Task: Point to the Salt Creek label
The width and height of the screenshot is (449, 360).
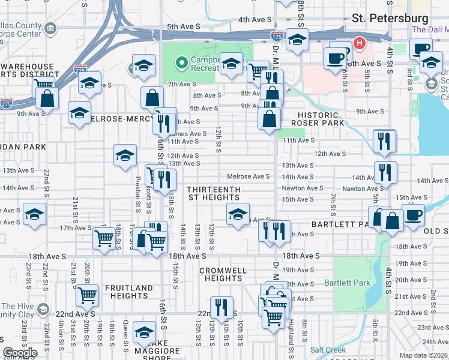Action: [328, 350]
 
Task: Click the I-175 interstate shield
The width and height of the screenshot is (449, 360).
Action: [277, 37]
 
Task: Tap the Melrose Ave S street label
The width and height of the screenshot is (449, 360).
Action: [249, 176]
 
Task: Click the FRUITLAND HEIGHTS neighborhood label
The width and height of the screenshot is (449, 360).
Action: [129, 292]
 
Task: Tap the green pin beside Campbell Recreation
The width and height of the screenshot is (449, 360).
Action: [181, 62]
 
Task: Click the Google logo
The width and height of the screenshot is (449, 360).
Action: [20, 353]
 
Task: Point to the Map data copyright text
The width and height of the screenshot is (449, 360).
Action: [424, 355]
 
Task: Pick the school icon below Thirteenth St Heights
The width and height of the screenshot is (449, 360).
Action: [238, 213]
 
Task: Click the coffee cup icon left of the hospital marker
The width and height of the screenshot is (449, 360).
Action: [335, 58]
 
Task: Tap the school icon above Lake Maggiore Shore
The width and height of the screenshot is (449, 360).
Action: [144, 332]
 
